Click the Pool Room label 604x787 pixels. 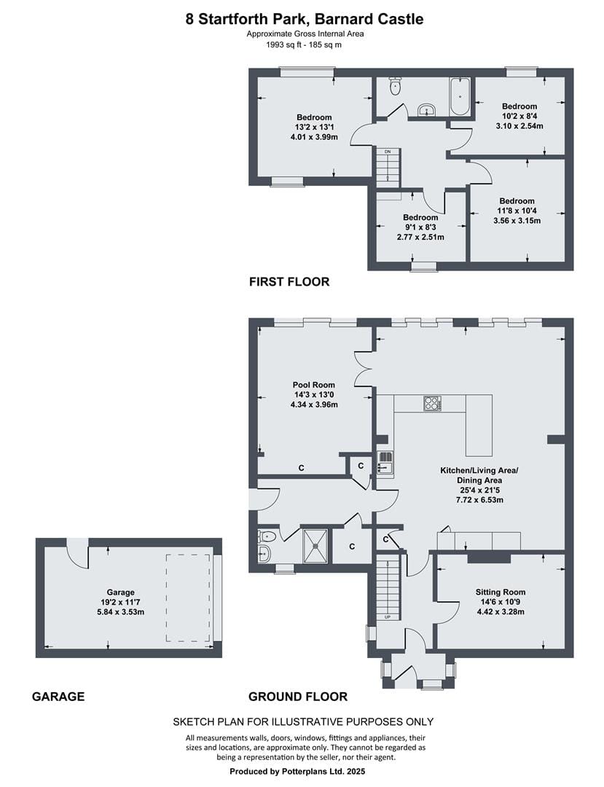click(x=314, y=385)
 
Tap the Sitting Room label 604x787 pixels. click(x=500, y=592)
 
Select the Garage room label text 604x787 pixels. click(x=120, y=592)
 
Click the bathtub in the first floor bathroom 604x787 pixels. click(x=460, y=96)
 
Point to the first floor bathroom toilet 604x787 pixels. click(x=396, y=86)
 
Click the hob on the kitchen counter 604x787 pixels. click(x=433, y=404)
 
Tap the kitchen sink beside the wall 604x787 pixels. click(x=385, y=462)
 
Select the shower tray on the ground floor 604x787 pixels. click(x=315, y=546)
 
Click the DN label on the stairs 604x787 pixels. click(x=388, y=151)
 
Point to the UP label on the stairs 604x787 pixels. click(x=388, y=617)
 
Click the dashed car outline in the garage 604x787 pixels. click(x=188, y=598)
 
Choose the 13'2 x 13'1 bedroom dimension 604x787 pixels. click(x=314, y=128)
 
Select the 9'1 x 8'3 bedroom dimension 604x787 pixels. click(x=420, y=227)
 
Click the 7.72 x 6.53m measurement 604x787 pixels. click(x=479, y=500)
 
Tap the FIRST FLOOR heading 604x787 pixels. click(x=289, y=281)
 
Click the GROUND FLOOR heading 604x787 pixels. click(x=298, y=697)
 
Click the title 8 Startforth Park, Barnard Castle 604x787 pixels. click(x=305, y=19)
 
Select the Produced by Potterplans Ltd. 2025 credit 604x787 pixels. click(x=297, y=772)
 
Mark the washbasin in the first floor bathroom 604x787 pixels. click(x=427, y=110)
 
